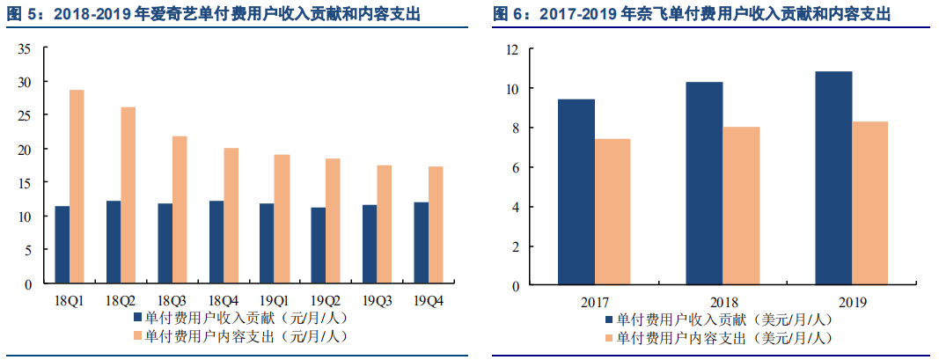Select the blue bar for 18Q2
click(x=113, y=242)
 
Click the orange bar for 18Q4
click(x=231, y=216)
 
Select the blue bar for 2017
click(x=576, y=192)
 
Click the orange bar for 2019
click(x=869, y=203)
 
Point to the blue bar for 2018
click(x=704, y=183)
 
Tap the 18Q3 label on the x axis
click(x=171, y=301)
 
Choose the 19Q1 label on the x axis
click(x=274, y=301)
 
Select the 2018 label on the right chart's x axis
click(x=723, y=302)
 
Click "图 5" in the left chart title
click(x=18, y=15)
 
